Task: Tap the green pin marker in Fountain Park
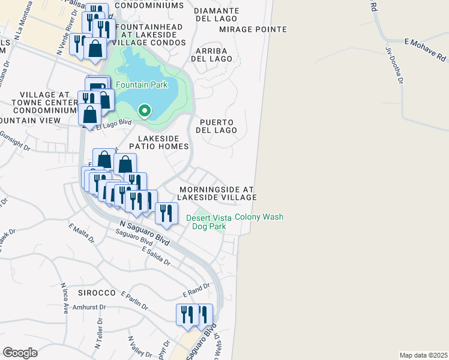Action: [144, 110]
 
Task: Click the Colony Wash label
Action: [259, 217]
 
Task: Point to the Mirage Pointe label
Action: [244, 29]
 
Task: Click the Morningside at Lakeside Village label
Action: [218, 193]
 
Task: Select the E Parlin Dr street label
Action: [134, 301]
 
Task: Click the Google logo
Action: [20, 352]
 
